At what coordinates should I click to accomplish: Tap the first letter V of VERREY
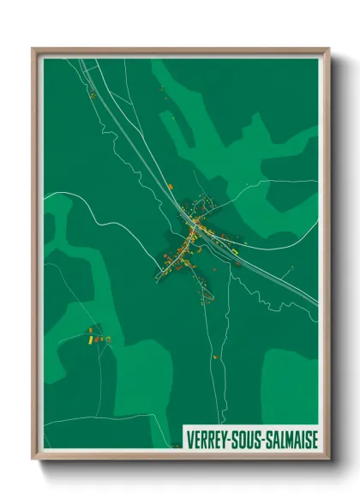pos(190,439)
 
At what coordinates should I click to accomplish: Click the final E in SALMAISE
pos(315,439)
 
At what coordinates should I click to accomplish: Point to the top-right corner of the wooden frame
pos(327,50)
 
